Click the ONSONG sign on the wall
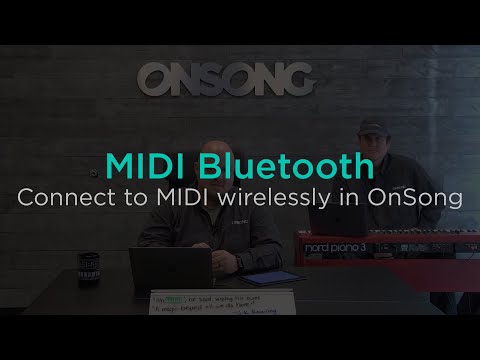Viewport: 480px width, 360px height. (226, 78)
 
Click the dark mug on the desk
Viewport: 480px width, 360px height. (88, 269)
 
